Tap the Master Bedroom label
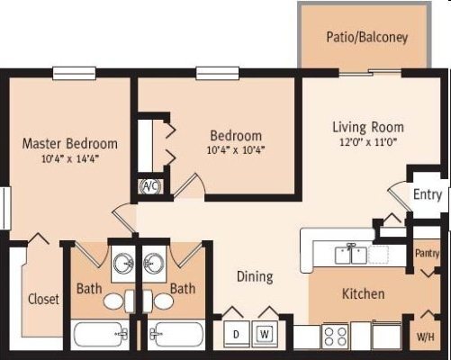point(69,143)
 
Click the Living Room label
point(367,127)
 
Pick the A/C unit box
point(149,187)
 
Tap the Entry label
point(428,194)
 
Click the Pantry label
point(427,254)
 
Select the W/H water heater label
point(426,338)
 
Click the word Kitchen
point(364,294)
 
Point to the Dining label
point(255,277)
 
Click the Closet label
point(43,300)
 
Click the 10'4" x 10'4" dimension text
point(237,150)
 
